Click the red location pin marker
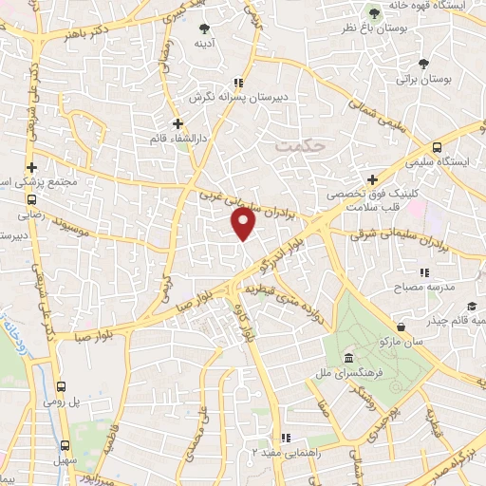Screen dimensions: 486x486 pos(244,224)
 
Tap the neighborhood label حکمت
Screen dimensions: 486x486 pos(299,145)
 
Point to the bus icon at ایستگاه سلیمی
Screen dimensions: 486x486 pos(437,147)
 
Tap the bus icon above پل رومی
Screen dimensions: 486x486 pos(62,386)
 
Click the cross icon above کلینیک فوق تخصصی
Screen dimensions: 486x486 pos(373,178)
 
